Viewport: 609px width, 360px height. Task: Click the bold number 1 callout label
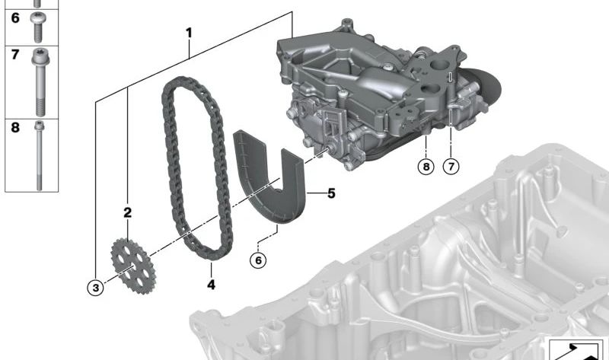[189, 33]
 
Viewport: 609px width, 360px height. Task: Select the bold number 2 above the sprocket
[127, 212]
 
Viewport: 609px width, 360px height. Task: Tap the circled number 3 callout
[96, 288]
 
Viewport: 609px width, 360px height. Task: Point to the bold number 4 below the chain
[211, 285]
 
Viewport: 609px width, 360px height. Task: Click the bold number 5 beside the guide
[331, 193]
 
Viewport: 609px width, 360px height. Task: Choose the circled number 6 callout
[258, 260]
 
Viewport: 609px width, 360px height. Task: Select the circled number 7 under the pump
[451, 167]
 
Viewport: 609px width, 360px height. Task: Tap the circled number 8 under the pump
[426, 167]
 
